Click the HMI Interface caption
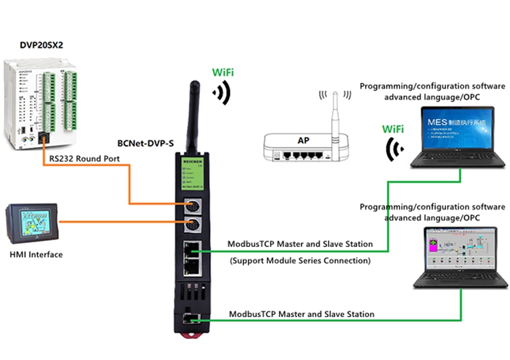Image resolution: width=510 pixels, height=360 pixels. pos(36,255)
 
